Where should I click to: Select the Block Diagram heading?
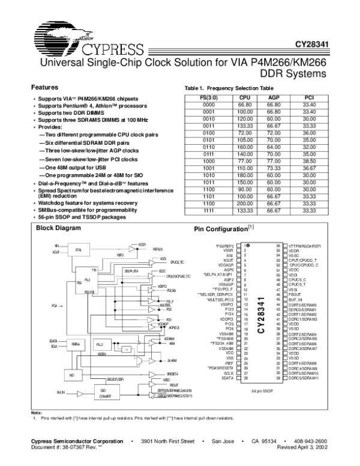pyautogui.click(x=58, y=228)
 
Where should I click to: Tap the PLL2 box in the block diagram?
pyautogui.click(x=101, y=344)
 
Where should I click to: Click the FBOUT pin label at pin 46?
pyautogui.click(x=295, y=295)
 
